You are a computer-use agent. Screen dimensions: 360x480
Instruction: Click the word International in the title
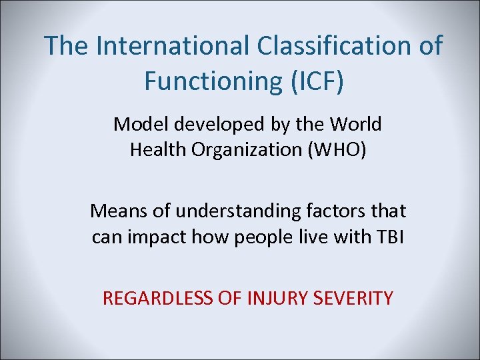click(170, 45)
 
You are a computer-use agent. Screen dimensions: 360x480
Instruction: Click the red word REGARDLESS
click(157, 298)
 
